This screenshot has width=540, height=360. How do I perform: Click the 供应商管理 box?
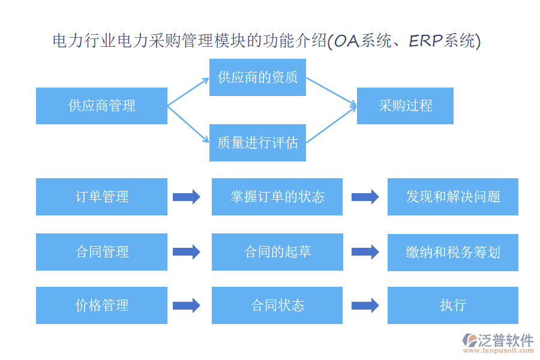point(101,106)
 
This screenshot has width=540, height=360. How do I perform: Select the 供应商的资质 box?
point(257,77)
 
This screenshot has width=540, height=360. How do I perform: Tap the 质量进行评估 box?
point(257,143)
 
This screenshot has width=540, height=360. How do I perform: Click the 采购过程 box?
point(405,106)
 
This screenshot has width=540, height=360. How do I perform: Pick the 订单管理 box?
point(101,197)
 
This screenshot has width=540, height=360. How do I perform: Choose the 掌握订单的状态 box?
point(277,197)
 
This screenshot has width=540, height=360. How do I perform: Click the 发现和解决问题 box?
point(453,197)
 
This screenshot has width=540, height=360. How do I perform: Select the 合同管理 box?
point(101,252)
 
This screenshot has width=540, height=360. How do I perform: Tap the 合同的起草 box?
point(277,252)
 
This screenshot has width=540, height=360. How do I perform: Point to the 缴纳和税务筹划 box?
point(453,252)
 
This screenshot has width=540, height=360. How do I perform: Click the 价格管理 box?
point(101,305)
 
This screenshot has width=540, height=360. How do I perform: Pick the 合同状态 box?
point(277,305)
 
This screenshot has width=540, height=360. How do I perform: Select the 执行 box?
point(453,305)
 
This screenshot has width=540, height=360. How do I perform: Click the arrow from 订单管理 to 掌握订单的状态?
point(187,197)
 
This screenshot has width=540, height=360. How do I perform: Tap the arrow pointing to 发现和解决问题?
point(365,197)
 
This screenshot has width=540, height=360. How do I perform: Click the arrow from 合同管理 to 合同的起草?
point(187,252)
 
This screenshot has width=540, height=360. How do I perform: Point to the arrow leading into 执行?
point(365,305)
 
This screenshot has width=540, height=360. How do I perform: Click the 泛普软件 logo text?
point(505,340)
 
